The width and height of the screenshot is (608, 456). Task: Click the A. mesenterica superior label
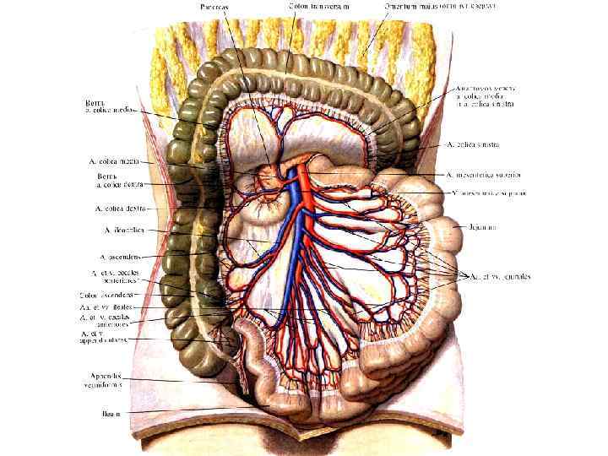click(x=484, y=174)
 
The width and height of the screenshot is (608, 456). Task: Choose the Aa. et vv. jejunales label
click(x=500, y=276)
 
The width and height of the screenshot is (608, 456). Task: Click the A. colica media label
click(x=115, y=160)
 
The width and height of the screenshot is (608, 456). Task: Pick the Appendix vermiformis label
click(x=107, y=379)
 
